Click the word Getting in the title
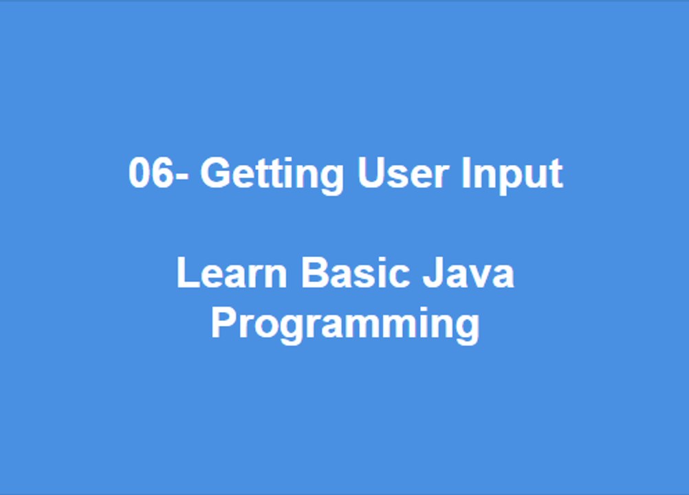coord(271,173)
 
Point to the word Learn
coord(232,273)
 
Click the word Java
coord(468,273)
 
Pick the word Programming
coord(344,323)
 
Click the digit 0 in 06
coord(140,173)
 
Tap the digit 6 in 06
coord(162,173)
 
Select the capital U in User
coord(371,173)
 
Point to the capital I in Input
coord(466,173)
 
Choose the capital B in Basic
coord(313,273)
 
